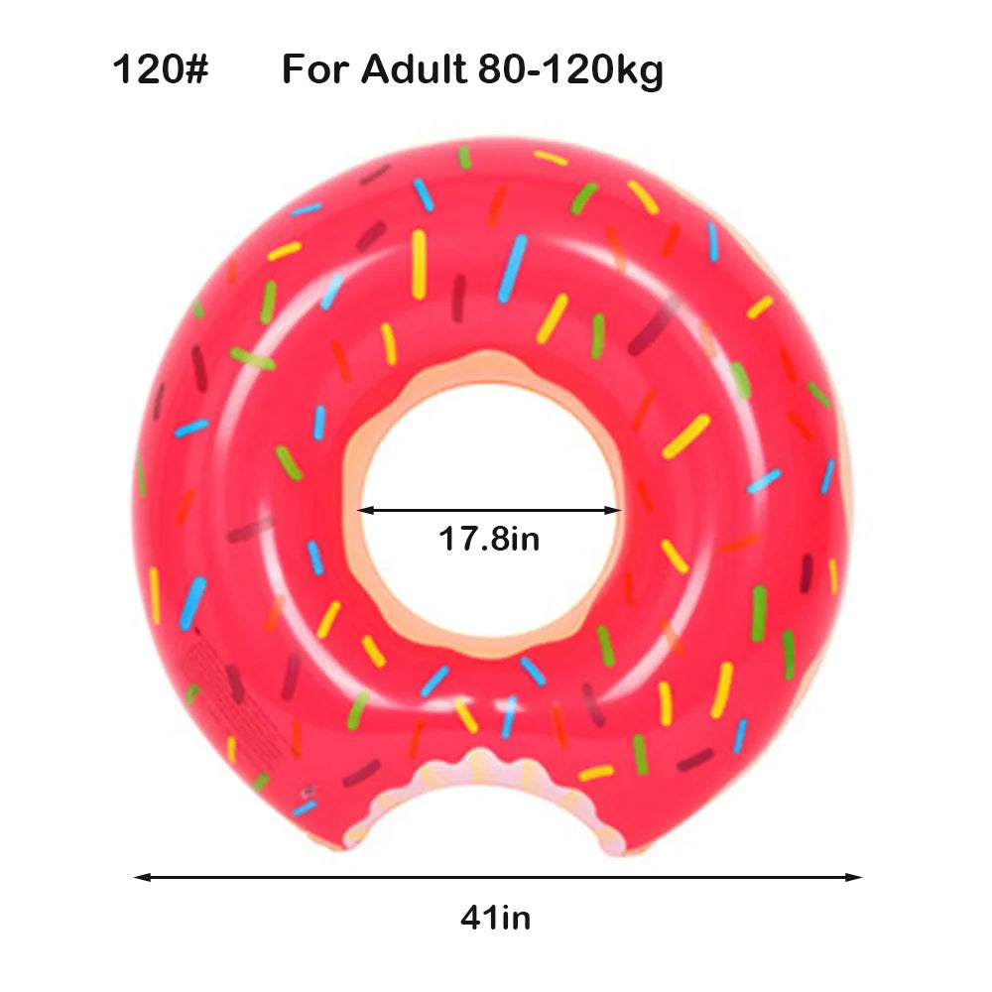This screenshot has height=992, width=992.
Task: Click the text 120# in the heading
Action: [x=160, y=70]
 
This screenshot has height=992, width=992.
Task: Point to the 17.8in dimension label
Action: [x=489, y=540]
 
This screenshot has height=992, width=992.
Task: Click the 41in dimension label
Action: [x=495, y=918]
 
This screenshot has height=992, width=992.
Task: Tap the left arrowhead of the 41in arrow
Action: [x=142, y=877]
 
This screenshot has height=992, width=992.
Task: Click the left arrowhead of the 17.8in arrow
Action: [x=364, y=511]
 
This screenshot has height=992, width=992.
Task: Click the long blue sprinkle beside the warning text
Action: [x=192, y=603]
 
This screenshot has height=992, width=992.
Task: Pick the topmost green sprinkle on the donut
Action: [x=464, y=158]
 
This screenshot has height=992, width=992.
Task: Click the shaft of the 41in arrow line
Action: [x=496, y=877]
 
